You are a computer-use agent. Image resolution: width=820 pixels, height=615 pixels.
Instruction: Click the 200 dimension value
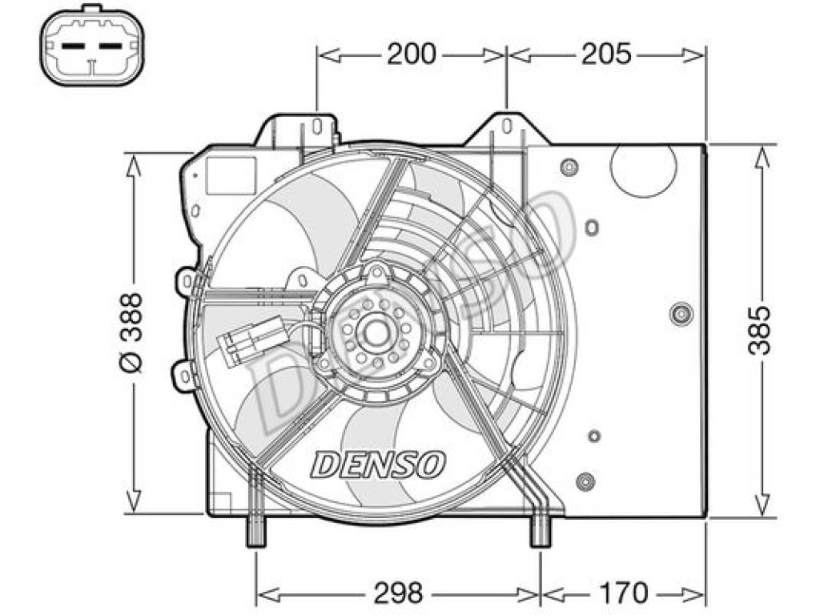coord(411,54)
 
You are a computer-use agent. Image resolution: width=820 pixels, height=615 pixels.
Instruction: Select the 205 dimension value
coord(607,54)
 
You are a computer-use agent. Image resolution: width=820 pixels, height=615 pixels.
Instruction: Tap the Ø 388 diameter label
coord(131,332)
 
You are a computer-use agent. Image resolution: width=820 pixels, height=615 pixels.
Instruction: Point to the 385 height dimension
coord(759,331)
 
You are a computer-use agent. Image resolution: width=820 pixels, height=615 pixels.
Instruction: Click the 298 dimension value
coord(398,593)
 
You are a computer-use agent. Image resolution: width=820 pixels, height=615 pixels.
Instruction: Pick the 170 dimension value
coord(622,593)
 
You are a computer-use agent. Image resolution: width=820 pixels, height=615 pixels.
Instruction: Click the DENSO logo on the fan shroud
coord(378,464)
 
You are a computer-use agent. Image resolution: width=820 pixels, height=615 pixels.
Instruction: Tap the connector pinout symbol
coord(92,45)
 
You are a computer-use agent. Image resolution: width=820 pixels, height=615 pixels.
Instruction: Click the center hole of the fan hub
coord(375,333)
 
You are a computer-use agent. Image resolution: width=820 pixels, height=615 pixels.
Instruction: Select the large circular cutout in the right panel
coord(643,169)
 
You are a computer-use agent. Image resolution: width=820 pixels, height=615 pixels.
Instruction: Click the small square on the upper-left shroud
coord(231,176)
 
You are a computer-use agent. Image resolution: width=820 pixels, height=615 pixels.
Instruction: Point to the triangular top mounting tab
coord(507,127)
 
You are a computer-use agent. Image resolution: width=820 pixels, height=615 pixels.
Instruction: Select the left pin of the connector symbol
coord(73,46)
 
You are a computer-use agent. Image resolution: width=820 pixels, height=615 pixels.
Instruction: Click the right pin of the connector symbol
coord(111,46)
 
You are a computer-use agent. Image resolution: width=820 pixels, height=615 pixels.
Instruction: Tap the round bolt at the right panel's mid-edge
coord(681,314)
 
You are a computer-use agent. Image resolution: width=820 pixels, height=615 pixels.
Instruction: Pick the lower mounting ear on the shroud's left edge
coord(184,375)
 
